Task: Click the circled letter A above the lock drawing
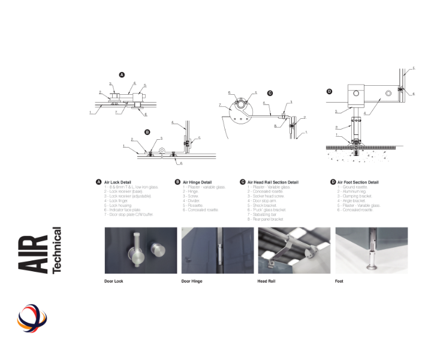(x=122, y=75)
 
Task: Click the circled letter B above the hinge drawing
(x=147, y=131)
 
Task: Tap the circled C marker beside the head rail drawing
(x=270, y=93)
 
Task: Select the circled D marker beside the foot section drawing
(x=329, y=91)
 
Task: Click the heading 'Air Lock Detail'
(x=117, y=182)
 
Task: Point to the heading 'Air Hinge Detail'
(x=196, y=182)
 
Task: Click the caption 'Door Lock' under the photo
(x=114, y=281)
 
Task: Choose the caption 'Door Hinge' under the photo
(x=192, y=281)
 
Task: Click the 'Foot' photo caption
(x=339, y=281)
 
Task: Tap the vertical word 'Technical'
(x=57, y=250)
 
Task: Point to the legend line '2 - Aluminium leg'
(x=352, y=191)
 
